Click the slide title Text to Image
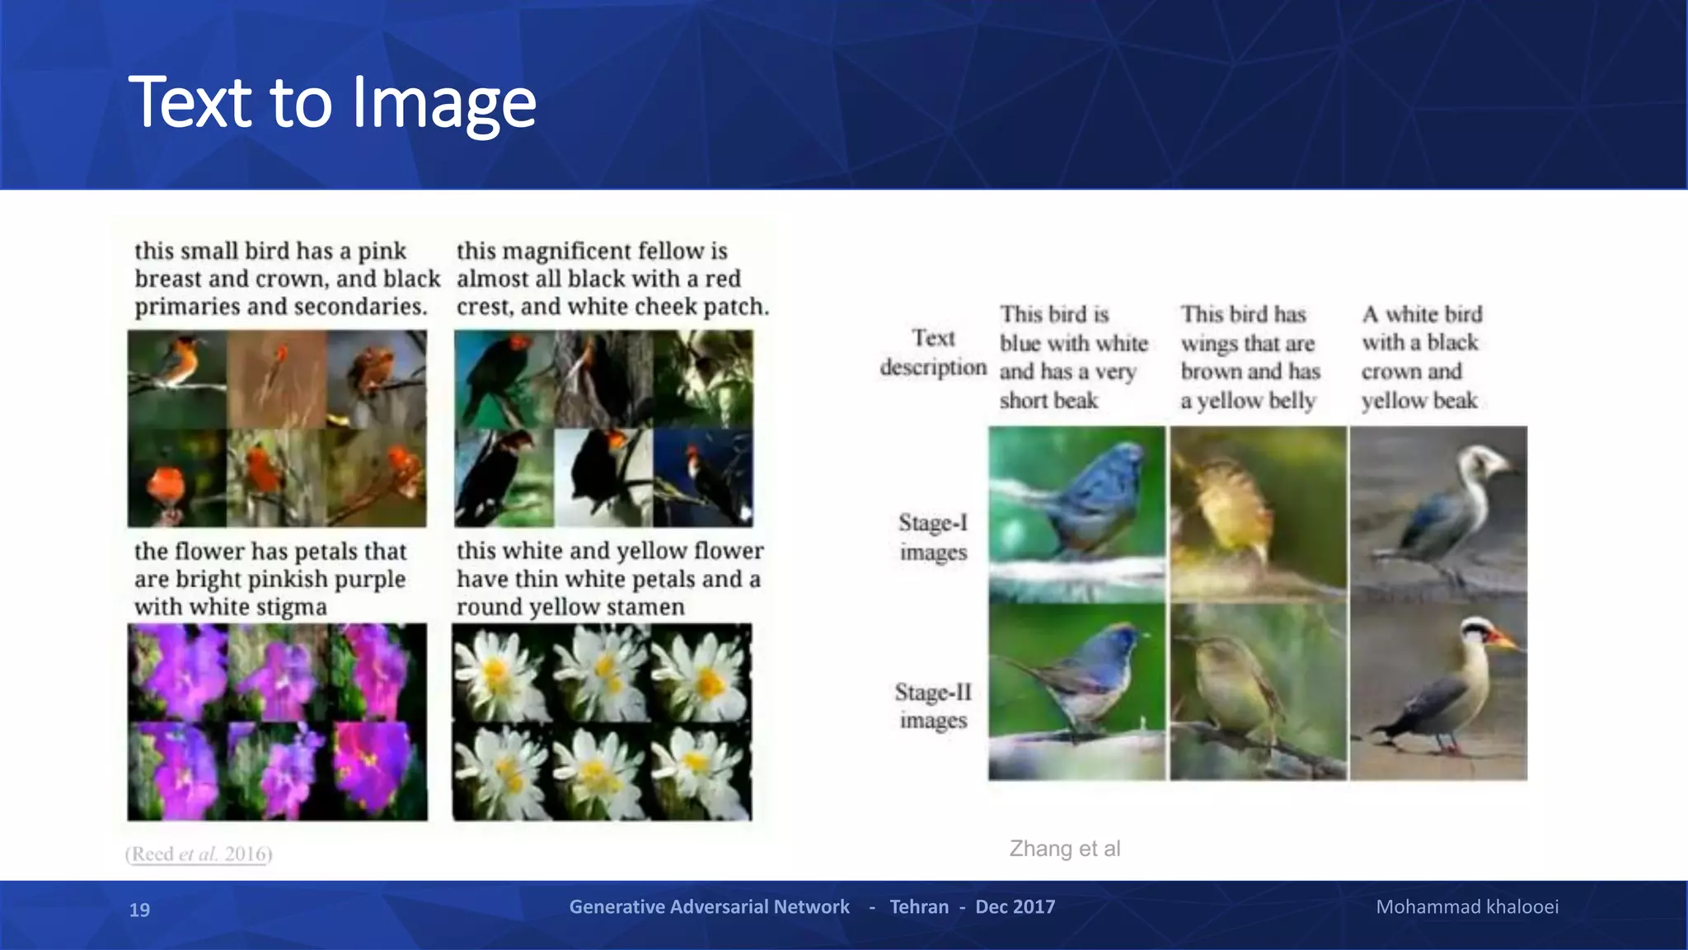tap(332, 102)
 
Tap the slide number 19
tap(139, 910)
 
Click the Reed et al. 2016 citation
tap(199, 854)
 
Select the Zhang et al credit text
tap(1064, 849)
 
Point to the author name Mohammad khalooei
tap(1466, 907)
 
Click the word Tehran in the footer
tap(919, 907)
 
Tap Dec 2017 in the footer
tap(1015, 907)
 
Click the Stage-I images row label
tap(933, 537)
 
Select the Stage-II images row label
tap(933, 706)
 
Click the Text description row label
tap(933, 352)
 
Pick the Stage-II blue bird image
tap(1076, 691)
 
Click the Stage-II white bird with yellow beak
tap(1438, 691)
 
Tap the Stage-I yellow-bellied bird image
tap(1258, 514)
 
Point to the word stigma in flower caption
tap(288, 607)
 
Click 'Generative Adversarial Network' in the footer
tap(709, 907)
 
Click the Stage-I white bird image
tap(1438, 514)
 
